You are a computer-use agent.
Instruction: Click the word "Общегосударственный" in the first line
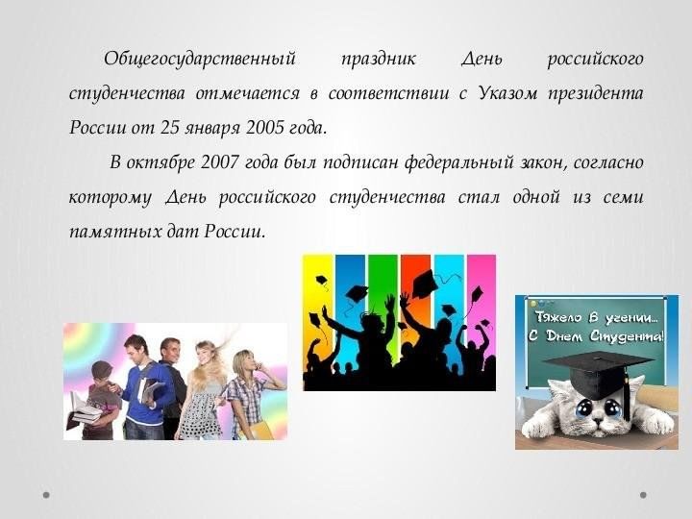click(199, 60)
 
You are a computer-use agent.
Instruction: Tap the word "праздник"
click(378, 60)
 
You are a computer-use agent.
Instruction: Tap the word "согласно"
click(607, 162)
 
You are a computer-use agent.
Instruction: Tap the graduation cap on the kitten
click(596, 369)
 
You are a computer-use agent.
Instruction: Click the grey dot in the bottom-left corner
click(46, 495)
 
